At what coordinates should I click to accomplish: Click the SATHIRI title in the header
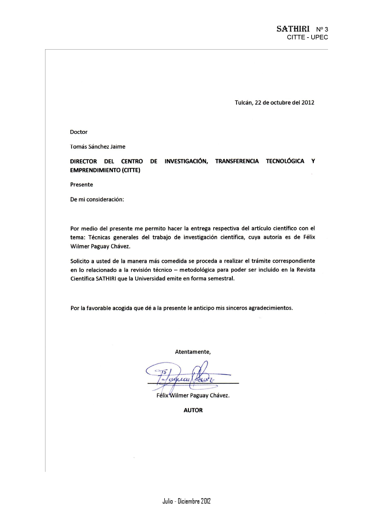pos(293,29)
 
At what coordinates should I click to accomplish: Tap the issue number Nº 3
pos(322,29)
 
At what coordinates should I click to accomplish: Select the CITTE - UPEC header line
pos(307,38)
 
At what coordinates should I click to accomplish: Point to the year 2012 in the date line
pos(308,102)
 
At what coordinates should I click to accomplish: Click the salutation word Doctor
pos(79,132)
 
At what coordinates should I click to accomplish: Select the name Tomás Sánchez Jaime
pos(97,147)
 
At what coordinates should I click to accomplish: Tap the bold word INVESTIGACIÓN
pos(186,161)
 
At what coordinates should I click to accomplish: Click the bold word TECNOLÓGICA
pos(285,161)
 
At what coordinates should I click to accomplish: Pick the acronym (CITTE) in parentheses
pos(131,170)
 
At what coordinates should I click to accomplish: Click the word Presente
pos(82,185)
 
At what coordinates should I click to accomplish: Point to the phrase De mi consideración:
pos(97,200)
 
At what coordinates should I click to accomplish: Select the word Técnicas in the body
pos(99,237)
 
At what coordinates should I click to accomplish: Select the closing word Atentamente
pos(193,352)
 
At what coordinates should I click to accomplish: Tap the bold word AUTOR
pos(193,410)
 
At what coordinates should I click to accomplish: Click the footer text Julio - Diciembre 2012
pos(186,501)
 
